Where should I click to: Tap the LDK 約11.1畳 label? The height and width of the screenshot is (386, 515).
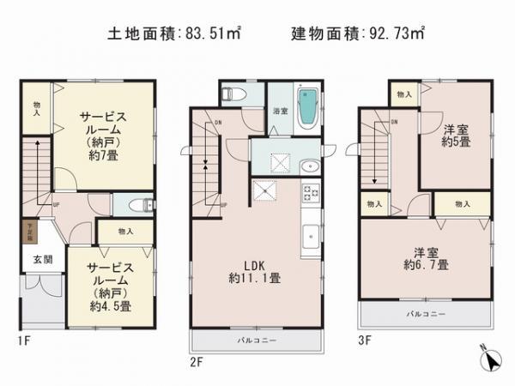click(256, 269)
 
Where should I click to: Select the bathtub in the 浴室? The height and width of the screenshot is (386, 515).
click(306, 108)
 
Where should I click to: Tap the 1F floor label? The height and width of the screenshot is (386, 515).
click(23, 341)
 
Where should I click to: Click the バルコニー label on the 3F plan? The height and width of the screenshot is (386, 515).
click(427, 314)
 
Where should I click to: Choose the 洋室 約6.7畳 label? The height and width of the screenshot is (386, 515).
click(427, 258)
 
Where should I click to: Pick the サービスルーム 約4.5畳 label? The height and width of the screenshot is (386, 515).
click(106, 285)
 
